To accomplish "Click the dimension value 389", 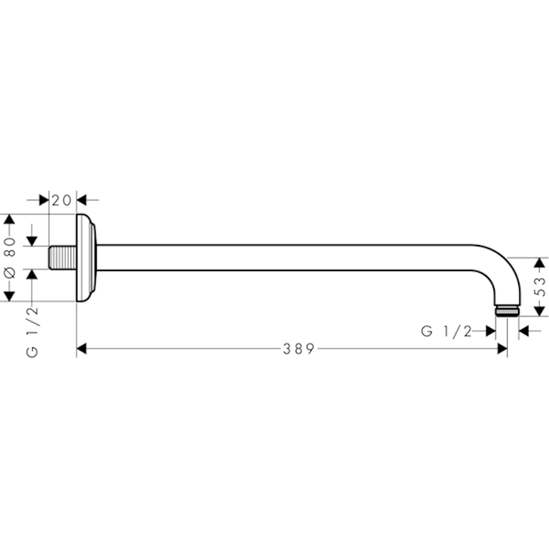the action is point(299,349).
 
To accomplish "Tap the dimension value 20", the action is point(62,200).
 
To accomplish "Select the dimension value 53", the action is point(541,287).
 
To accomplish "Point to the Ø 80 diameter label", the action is point(10,258).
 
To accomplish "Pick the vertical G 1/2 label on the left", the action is point(32,332).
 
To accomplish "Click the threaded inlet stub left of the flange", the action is point(62,258).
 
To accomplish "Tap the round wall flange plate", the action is point(86,258).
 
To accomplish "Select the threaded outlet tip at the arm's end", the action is point(507,312).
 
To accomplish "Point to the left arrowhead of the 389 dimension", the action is point(81,349).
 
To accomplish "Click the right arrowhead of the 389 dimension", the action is point(502,349).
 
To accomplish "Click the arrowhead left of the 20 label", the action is point(44,200).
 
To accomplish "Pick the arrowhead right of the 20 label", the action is point(81,200).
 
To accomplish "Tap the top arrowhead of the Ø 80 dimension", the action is point(9,219).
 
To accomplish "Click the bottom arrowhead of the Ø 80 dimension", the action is point(9,296).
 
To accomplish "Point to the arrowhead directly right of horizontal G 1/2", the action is point(491,331).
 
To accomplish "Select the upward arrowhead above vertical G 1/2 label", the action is point(32,274).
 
